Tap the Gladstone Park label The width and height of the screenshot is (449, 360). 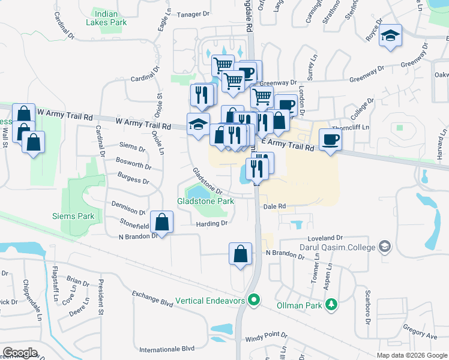click(205, 202)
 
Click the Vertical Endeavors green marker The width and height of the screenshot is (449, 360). click(255, 298)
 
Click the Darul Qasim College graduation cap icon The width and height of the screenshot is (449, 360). click(384, 246)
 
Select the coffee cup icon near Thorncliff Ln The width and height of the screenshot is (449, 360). click(330, 140)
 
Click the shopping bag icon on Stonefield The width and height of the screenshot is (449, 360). click(162, 222)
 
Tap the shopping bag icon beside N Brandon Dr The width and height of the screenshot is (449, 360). click(240, 253)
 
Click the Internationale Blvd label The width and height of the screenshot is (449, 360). click(167, 349)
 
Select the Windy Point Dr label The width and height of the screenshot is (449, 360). click(267, 336)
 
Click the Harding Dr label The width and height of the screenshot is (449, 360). click(211, 224)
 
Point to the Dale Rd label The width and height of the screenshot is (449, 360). click(274, 206)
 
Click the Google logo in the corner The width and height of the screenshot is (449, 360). click(19, 353)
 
